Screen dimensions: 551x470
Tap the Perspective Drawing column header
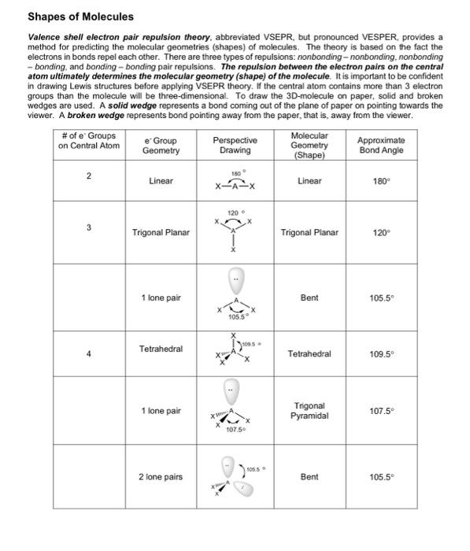tap(235, 145)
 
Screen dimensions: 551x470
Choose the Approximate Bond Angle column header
tap(381, 145)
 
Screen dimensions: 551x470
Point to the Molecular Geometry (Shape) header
tap(309, 145)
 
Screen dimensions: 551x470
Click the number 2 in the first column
tap(89, 176)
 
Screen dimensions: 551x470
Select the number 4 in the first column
tap(89, 353)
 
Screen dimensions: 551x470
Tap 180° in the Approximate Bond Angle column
tap(381, 181)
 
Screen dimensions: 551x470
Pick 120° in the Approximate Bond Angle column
tap(381, 233)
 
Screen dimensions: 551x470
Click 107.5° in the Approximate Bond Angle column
tap(381, 411)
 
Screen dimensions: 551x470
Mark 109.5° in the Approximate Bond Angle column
tap(381, 353)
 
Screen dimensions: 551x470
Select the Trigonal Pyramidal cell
tap(309, 411)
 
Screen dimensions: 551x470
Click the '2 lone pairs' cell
tap(161, 477)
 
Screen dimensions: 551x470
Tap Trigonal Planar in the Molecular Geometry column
tap(309, 233)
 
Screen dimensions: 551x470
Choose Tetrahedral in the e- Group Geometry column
tap(161, 348)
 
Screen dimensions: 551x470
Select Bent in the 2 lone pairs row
tap(309, 477)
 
